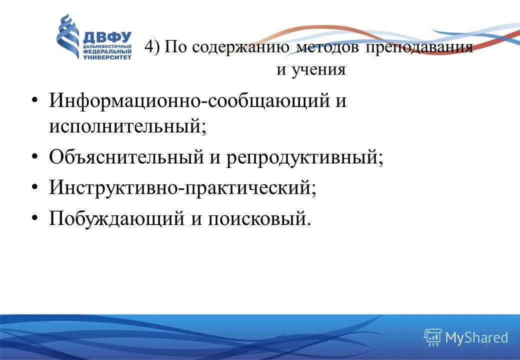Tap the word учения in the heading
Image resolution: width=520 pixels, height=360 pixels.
coord(317,69)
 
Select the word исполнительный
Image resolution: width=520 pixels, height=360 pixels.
coord(127,125)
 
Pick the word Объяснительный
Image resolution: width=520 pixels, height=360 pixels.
coord(125,157)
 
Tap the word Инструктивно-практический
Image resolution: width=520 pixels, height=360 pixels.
coord(182,188)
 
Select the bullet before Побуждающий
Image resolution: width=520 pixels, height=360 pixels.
coord(34,217)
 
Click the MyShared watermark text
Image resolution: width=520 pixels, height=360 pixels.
coord(476,338)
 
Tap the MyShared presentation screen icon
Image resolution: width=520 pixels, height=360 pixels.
coord(432,337)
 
